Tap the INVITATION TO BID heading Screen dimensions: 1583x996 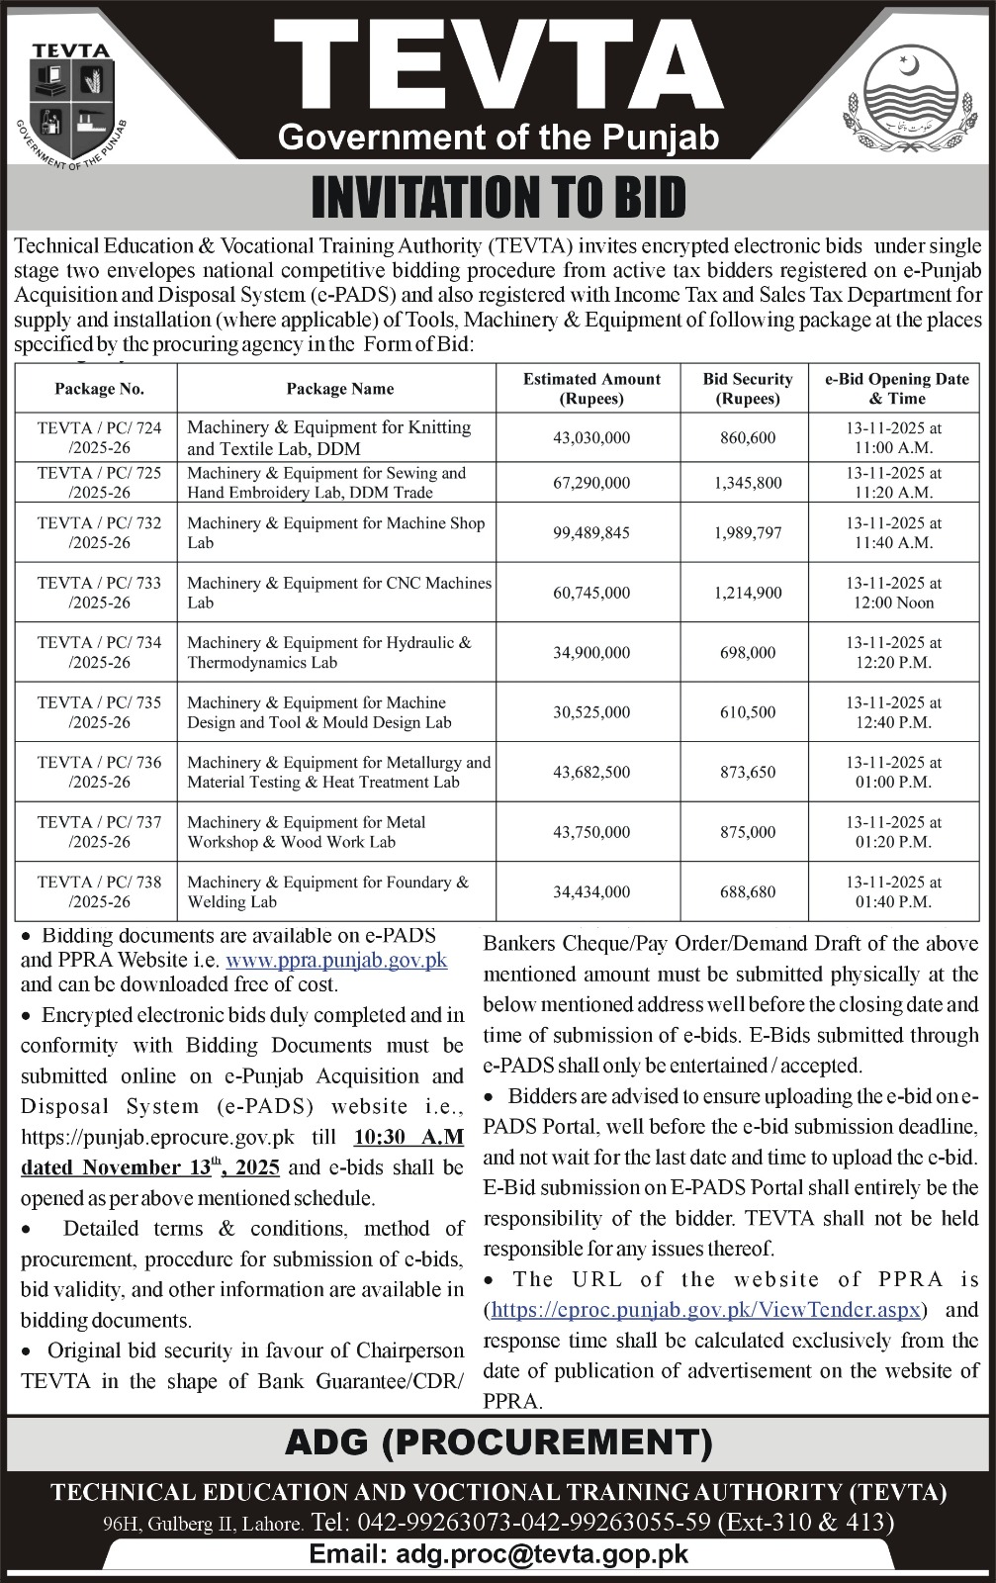(x=498, y=197)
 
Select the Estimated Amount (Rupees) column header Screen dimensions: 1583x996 (x=591, y=389)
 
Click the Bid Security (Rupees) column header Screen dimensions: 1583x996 (x=748, y=389)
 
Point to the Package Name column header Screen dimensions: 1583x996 (x=339, y=389)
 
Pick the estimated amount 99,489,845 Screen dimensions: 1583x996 (x=591, y=533)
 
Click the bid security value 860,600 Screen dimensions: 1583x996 (x=748, y=437)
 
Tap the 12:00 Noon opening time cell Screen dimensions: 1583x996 (x=893, y=603)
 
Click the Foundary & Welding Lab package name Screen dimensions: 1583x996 (x=328, y=891)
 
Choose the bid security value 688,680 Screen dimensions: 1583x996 (x=748, y=891)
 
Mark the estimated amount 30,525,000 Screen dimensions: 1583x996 (x=591, y=712)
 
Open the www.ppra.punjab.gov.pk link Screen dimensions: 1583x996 (x=336, y=960)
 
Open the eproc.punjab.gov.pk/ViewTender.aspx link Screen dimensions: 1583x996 (x=706, y=1310)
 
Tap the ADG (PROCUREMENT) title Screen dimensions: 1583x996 (x=498, y=1443)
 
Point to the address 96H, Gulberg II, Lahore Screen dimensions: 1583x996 (x=203, y=1525)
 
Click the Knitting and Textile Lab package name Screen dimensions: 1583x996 (x=328, y=437)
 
